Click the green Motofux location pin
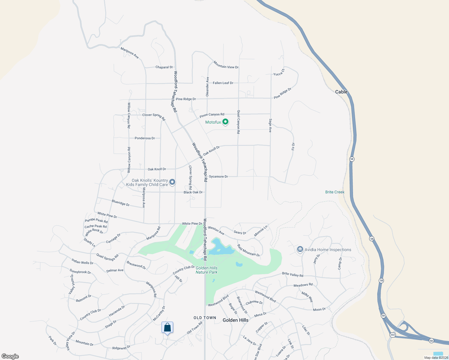(x=225, y=122)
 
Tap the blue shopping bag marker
(x=167, y=328)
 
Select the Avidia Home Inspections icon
(x=300, y=249)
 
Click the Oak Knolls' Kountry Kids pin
(x=172, y=182)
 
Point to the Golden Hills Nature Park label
(x=206, y=270)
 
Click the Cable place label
(x=341, y=92)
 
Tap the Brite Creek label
(x=335, y=192)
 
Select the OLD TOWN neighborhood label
(x=205, y=318)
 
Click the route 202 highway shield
(x=393, y=334)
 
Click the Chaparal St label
(x=164, y=67)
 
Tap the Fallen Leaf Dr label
(x=223, y=83)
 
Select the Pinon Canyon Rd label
(x=212, y=115)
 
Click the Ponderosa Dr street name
(x=145, y=138)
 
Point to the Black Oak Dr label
(x=193, y=192)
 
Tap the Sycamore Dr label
(x=218, y=176)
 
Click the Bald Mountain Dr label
(x=248, y=250)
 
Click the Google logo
(x=10, y=356)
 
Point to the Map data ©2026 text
(x=436, y=358)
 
